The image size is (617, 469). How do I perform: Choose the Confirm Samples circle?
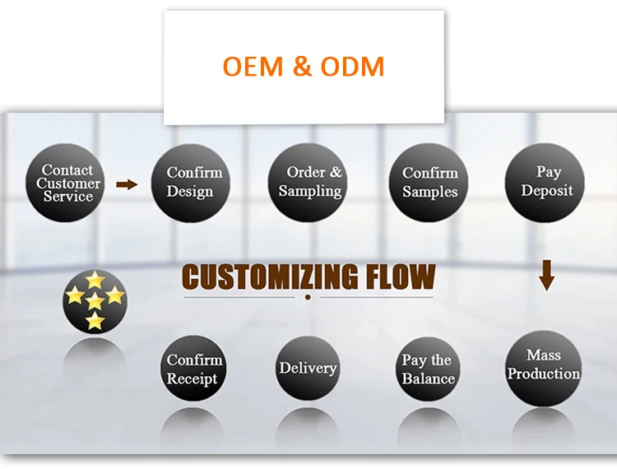pos(429,183)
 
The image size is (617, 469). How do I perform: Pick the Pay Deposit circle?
pos(545,182)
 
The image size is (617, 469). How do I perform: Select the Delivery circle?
pos(308,369)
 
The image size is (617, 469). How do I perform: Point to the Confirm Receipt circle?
pos(193,369)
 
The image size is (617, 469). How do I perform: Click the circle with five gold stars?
pos(95,300)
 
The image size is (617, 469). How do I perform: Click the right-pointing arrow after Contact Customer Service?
pos(127,184)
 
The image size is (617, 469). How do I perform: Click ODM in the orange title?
pos(352,66)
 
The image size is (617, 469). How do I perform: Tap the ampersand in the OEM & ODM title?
pos(303,67)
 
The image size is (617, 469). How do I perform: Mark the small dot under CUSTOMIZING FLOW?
pos(308,296)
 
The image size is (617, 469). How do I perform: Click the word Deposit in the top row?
pos(546,191)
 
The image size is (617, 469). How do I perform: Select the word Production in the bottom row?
pos(544,374)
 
